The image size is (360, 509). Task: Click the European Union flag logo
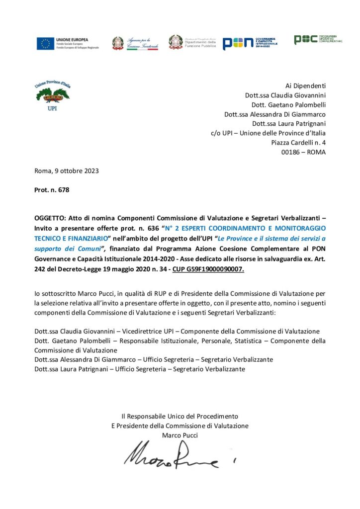coord(45,44)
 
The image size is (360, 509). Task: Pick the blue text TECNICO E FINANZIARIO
coord(72,237)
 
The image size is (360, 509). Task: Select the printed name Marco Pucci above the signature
coord(180,435)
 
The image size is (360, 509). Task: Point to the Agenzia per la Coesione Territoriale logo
coord(135,43)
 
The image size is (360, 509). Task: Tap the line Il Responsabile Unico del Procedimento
coord(180,416)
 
